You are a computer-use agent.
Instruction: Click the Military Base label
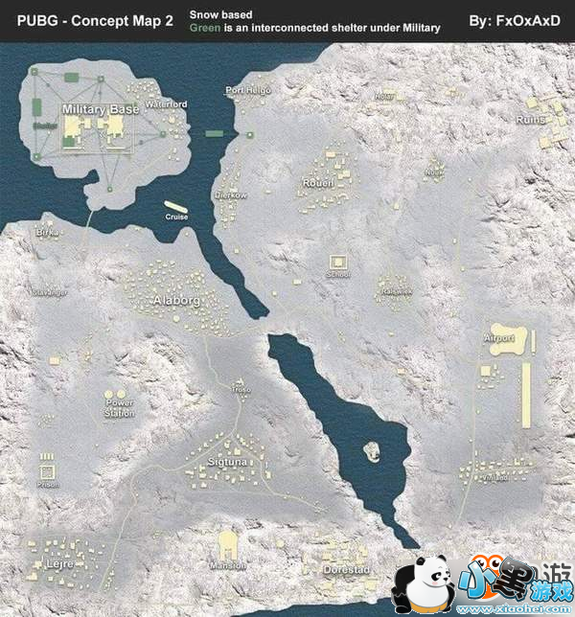(x=100, y=110)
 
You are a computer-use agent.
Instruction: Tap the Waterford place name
(x=165, y=103)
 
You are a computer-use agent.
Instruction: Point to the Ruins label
(x=530, y=120)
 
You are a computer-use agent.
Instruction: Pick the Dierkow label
(x=230, y=194)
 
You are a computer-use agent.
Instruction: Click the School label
(x=337, y=274)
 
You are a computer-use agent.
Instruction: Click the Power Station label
(x=119, y=409)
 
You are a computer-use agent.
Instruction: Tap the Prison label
(x=47, y=485)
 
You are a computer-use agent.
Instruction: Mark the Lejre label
(x=59, y=564)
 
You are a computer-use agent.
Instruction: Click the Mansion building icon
(x=228, y=544)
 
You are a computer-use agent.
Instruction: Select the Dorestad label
(x=346, y=570)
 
